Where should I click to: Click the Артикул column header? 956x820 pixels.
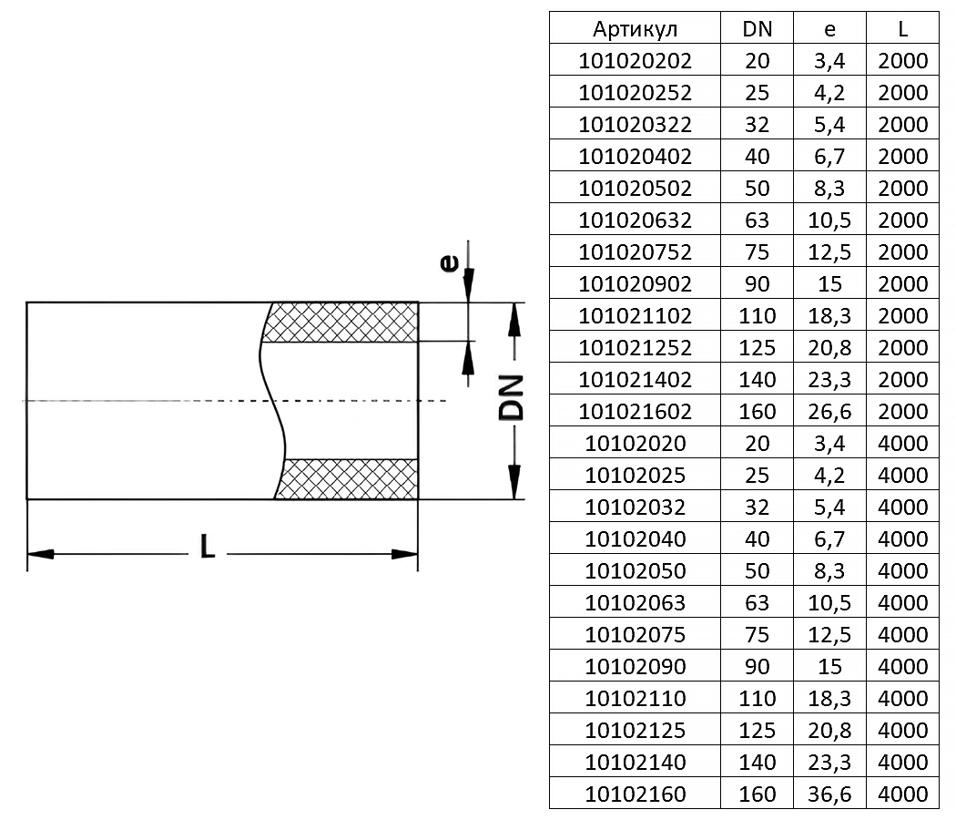(x=635, y=29)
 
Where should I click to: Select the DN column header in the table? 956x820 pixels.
(x=757, y=29)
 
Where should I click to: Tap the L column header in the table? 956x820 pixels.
(x=902, y=29)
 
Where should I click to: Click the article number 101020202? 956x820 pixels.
(x=635, y=61)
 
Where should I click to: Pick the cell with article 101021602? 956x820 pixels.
(x=635, y=412)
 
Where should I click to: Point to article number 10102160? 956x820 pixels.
(x=635, y=794)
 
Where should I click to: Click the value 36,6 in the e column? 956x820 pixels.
(x=829, y=794)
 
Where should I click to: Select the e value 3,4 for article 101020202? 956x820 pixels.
(x=829, y=61)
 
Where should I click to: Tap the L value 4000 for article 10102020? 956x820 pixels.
(x=902, y=444)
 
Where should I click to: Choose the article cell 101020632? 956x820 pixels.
(x=635, y=220)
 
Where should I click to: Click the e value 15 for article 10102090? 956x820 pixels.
(x=829, y=667)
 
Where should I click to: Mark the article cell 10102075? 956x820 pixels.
(x=635, y=635)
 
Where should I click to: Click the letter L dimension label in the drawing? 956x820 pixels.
(x=208, y=547)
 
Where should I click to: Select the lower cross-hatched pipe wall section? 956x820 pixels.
(x=350, y=479)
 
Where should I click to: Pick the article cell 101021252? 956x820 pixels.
(x=635, y=348)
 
